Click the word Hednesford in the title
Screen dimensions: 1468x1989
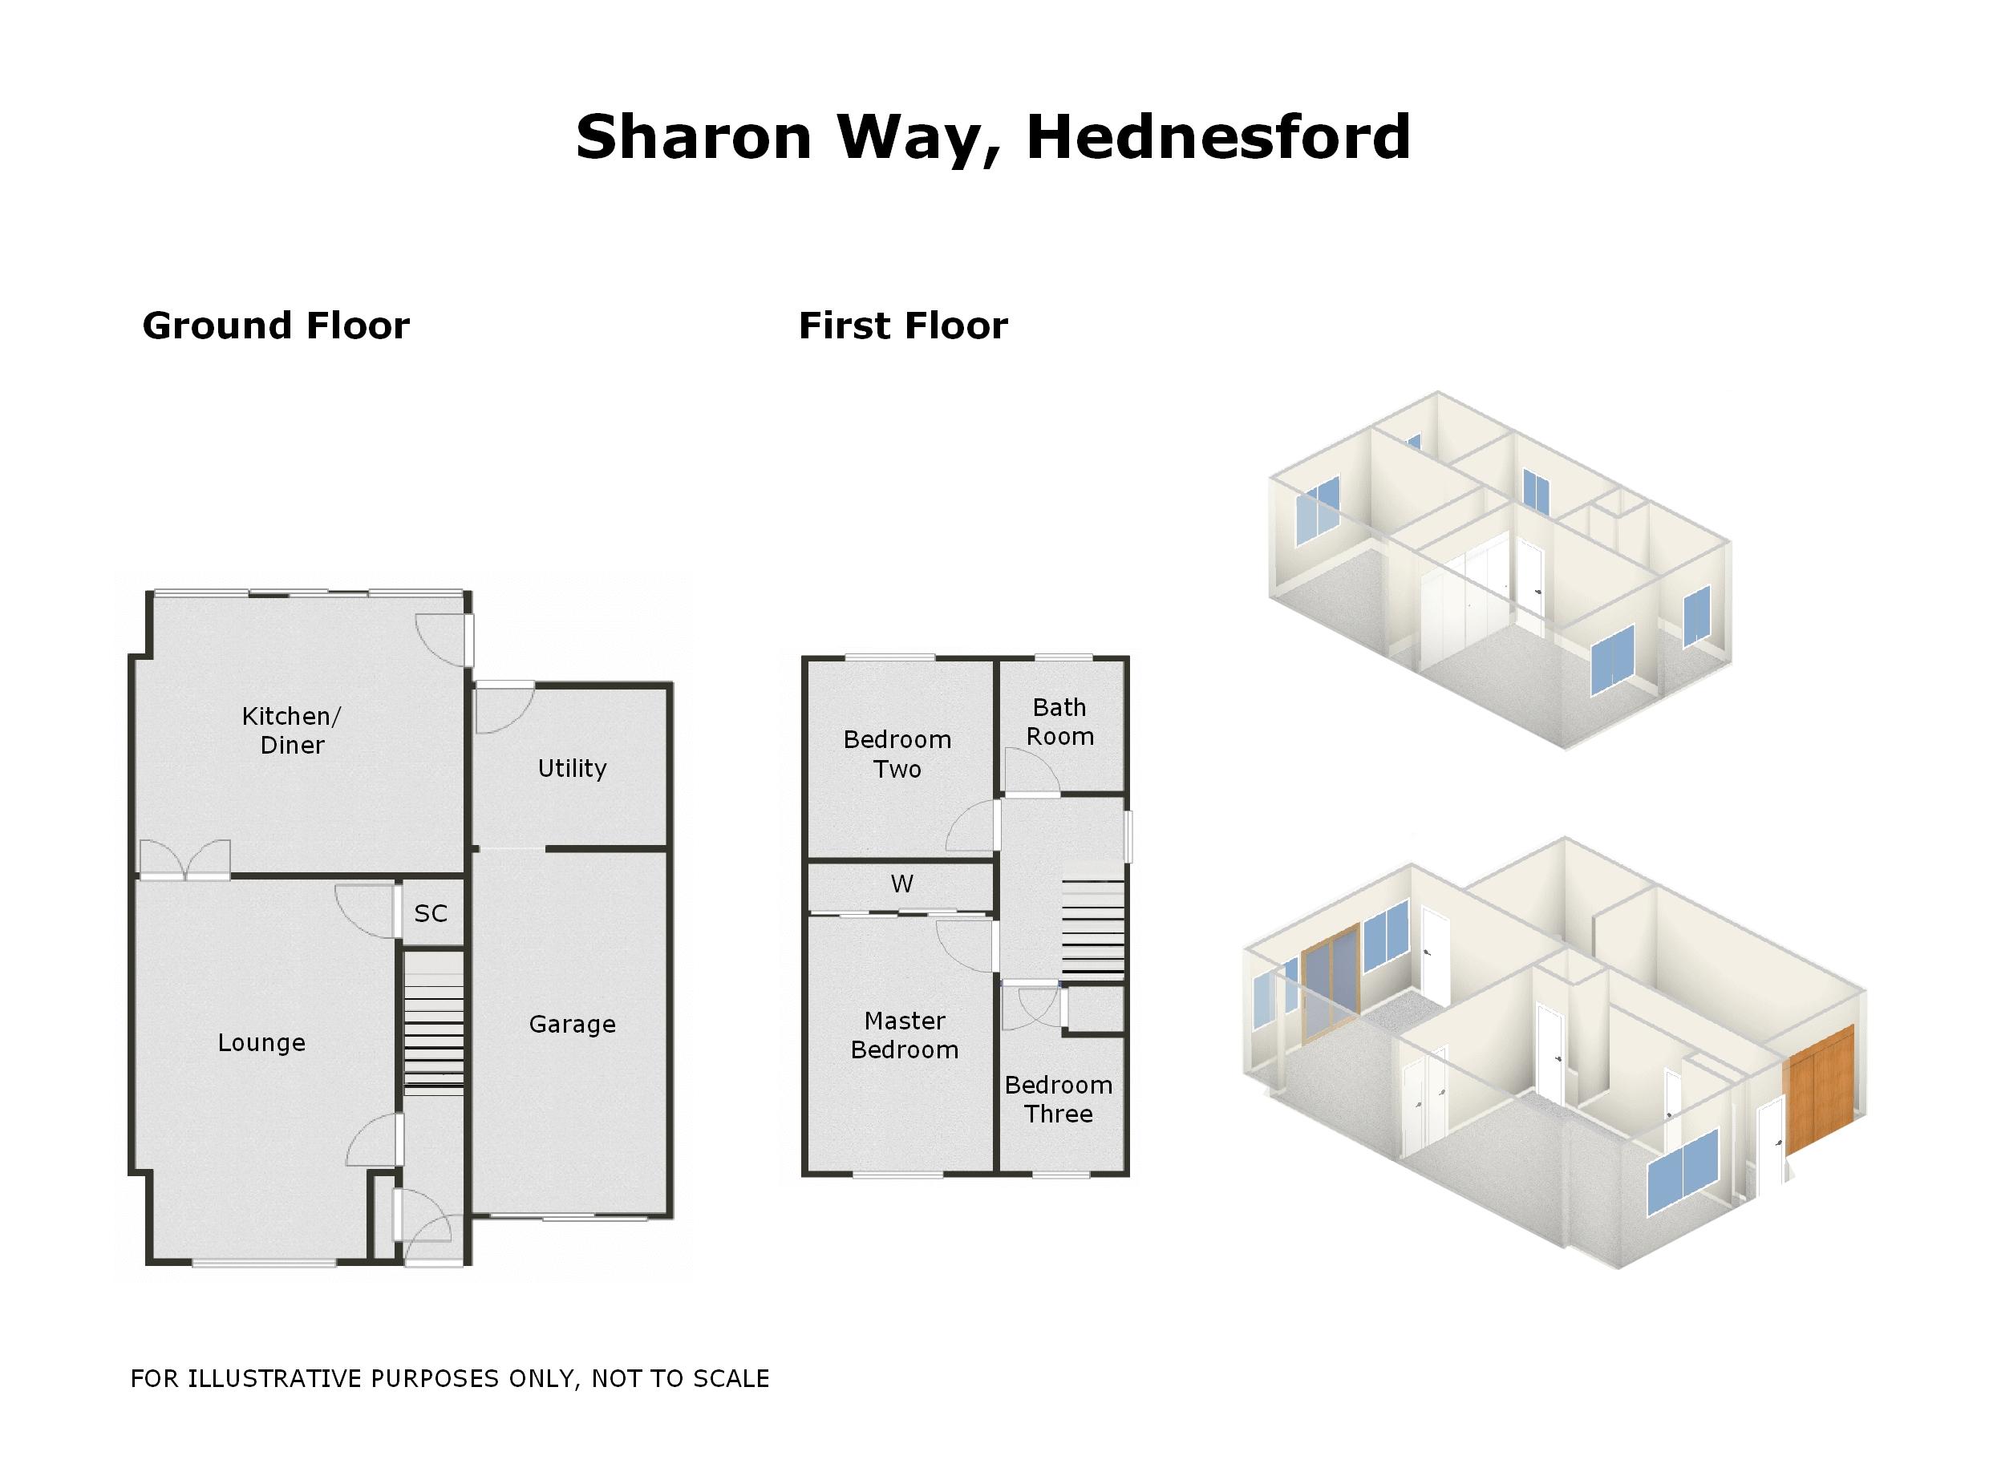tap(1217, 138)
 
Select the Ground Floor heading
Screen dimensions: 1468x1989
tap(276, 326)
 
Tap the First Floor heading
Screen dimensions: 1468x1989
tap(903, 326)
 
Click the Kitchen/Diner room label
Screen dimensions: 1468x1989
tap(291, 730)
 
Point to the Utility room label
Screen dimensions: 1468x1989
tap(572, 768)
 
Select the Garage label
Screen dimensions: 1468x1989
tap(572, 1025)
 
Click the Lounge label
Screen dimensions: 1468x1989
tap(261, 1042)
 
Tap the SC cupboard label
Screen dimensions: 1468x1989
tap(430, 913)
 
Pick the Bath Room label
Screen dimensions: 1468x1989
tap(1059, 722)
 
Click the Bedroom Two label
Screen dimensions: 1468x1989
tap(897, 754)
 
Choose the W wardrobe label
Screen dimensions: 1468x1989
tap(901, 884)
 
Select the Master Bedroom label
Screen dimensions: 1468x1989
tap(904, 1035)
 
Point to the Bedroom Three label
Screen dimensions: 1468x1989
tap(1058, 1099)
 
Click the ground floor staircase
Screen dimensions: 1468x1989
tap(434, 1022)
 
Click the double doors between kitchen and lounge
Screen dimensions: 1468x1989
tap(184, 859)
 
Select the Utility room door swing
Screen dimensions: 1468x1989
tap(502, 708)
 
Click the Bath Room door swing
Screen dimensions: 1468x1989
tap(1031, 770)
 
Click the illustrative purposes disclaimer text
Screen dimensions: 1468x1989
tap(450, 1378)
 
